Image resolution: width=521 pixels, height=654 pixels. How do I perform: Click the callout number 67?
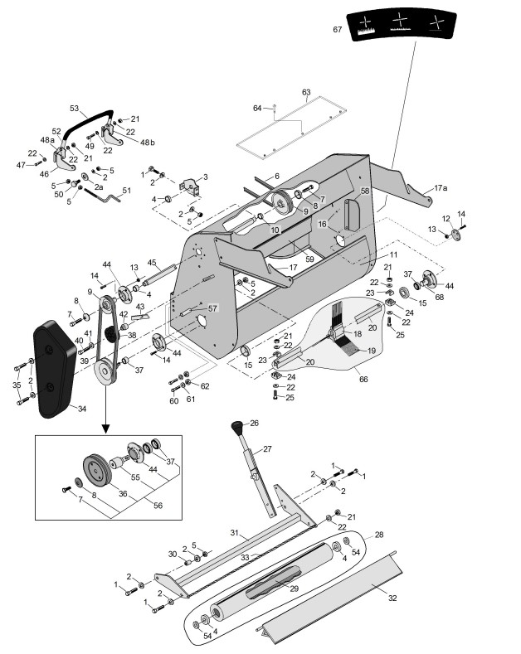tap(338, 29)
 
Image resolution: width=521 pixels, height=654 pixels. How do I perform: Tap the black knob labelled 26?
tap(237, 427)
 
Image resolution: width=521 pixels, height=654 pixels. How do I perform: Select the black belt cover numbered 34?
tap(54, 369)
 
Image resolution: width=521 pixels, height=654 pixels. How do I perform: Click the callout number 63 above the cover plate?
tap(306, 92)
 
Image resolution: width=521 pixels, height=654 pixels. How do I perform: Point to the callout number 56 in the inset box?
tap(158, 505)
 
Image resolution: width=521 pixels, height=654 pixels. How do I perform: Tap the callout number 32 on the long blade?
tap(392, 598)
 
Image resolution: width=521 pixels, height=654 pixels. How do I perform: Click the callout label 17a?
tap(441, 188)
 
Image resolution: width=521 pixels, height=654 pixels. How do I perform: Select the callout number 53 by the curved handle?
tap(75, 109)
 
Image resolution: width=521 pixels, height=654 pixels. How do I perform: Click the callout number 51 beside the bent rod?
tap(126, 190)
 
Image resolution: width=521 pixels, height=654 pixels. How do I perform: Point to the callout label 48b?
tap(148, 143)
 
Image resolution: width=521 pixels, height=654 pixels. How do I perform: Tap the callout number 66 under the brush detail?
tap(363, 379)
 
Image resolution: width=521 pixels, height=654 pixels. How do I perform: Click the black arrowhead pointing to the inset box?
tap(106, 429)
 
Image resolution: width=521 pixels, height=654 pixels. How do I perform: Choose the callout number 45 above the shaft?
tap(152, 263)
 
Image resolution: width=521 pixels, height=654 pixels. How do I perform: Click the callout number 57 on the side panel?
tap(212, 308)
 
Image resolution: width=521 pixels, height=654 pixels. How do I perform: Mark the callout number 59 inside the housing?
tap(309, 259)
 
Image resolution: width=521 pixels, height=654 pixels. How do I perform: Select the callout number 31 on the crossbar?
tap(235, 533)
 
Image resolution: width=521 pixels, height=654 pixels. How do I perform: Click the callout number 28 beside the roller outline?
tap(379, 535)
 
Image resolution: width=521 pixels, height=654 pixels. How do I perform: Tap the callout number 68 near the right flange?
tap(440, 297)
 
